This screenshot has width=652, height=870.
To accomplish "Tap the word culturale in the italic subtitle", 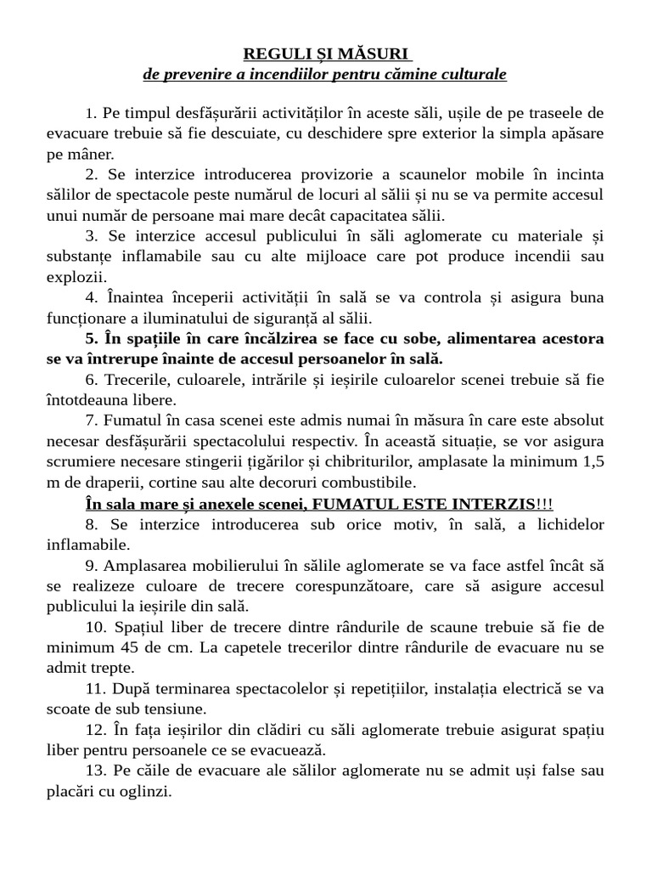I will [x=474, y=75].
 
